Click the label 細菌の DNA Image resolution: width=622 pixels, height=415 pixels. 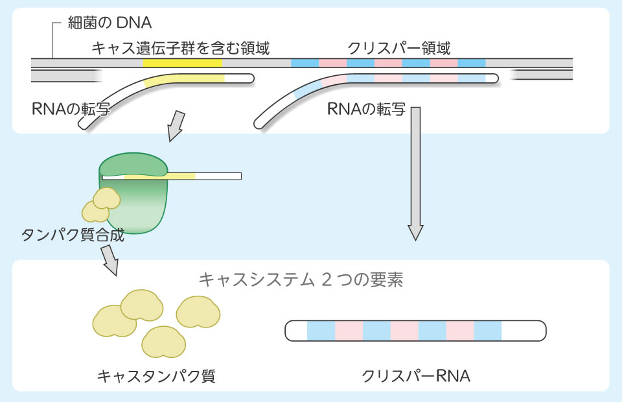(109, 24)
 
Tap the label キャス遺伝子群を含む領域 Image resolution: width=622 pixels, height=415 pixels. (181, 48)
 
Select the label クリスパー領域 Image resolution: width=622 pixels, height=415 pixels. (399, 48)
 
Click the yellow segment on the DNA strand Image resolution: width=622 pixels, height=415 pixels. (183, 64)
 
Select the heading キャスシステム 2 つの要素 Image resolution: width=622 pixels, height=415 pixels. (301, 280)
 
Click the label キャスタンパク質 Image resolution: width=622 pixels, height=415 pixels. (156, 375)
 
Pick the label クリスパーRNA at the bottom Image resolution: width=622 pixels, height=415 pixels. (416, 375)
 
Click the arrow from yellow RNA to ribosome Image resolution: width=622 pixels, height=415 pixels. (176, 126)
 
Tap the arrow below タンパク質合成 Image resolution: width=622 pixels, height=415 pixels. (109, 260)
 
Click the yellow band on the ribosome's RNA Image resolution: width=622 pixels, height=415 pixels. (159, 176)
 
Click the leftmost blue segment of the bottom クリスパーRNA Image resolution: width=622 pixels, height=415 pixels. (321, 331)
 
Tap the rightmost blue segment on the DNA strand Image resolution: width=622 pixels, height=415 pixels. (472, 64)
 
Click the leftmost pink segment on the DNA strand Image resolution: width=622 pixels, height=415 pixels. (332, 64)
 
